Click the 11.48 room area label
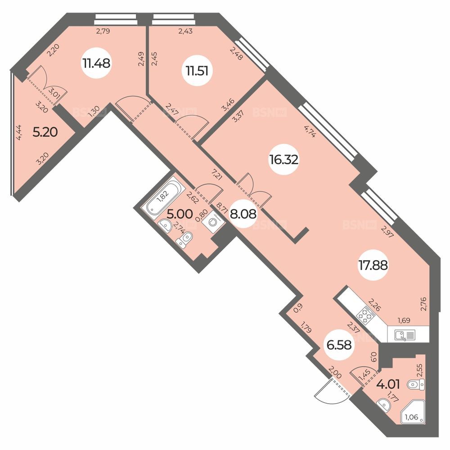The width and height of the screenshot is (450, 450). [96, 63]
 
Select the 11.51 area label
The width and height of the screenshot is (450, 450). [197, 71]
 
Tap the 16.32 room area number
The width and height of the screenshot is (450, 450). [283, 160]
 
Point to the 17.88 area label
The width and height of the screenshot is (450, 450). [373, 265]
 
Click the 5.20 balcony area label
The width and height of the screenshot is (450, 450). [45, 132]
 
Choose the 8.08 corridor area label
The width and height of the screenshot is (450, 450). [243, 214]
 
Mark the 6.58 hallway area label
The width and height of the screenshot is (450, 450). [339, 345]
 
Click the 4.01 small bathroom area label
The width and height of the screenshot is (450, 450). [388, 384]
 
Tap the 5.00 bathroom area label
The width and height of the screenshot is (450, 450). [180, 214]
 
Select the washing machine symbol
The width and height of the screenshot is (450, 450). [213, 222]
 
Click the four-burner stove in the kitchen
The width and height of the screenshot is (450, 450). [365, 315]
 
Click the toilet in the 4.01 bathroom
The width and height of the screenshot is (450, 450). [416, 384]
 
